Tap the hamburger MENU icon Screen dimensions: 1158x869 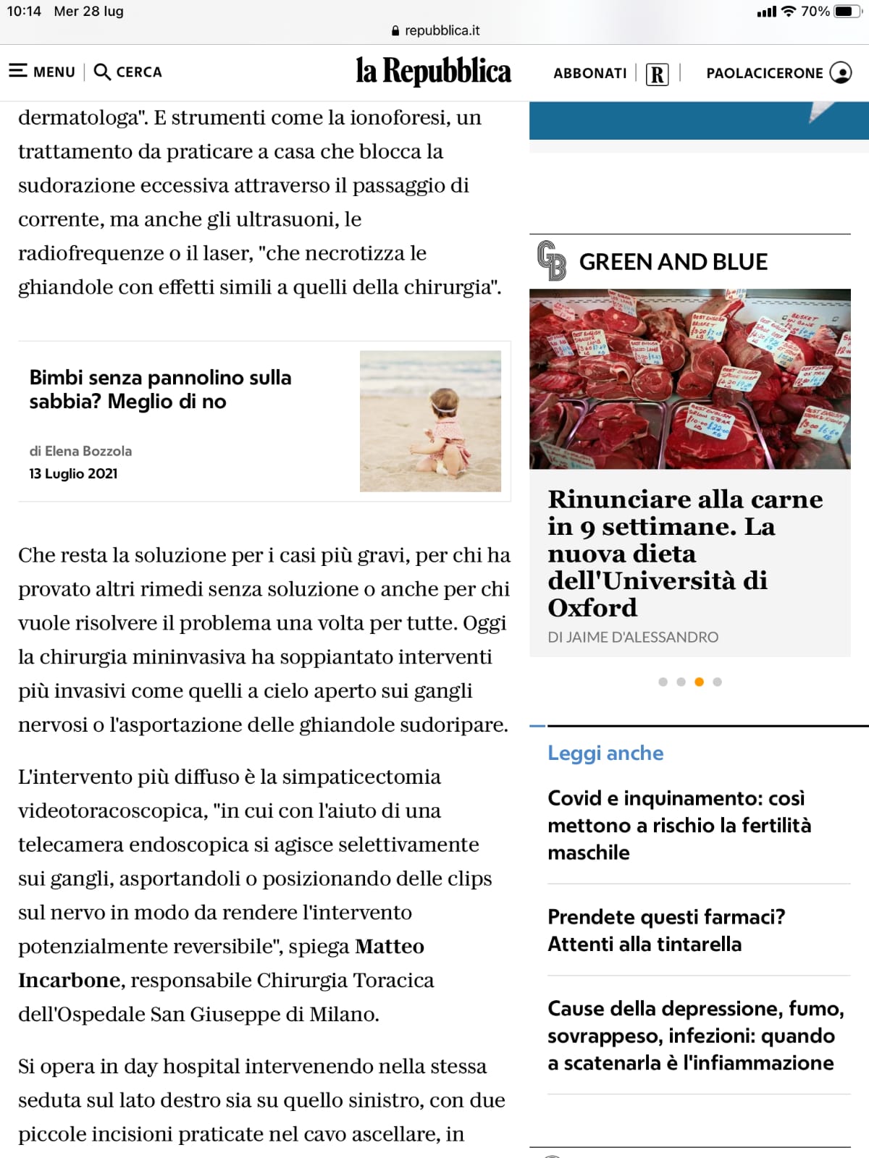(18, 71)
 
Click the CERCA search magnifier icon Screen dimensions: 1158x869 (102, 72)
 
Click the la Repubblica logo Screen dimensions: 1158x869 (433, 72)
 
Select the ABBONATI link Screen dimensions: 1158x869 (589, 73)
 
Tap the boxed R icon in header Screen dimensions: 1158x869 (657, 74)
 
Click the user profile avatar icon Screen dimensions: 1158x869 (840, 72)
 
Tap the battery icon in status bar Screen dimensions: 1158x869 (845, 12)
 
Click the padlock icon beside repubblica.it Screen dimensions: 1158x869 (395, 31)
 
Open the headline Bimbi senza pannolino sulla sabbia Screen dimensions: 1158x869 (160, 389)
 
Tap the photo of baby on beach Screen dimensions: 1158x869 (430, 421)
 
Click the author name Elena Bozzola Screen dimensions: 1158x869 (88, 451)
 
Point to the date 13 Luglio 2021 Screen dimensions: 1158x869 (73, 473)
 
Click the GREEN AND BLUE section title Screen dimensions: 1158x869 (673, 262)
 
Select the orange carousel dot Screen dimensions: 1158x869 (699, 682)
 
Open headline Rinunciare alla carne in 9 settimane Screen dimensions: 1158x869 (684, 553)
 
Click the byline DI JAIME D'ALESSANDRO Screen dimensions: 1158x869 (633, 637)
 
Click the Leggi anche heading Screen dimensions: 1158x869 (605, 753)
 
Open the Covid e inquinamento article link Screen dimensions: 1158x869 (679, 825)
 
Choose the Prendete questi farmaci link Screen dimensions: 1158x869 (666, 930)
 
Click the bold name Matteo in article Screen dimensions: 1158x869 (390, 946)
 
